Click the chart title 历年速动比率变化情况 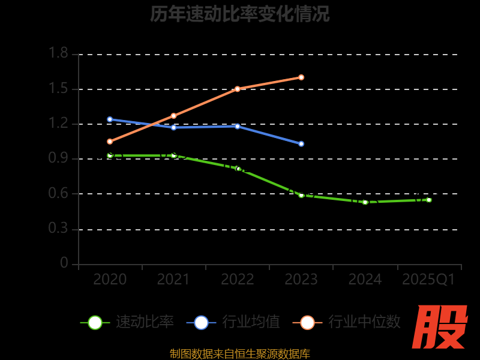[239, 14]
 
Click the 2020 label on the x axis [110, 279]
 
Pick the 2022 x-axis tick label [237, 279]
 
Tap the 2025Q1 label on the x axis [428, 279]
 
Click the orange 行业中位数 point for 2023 [301, 77]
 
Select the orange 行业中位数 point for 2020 [110, 142]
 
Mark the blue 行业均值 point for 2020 [110, 119]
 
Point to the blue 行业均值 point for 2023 [301, 144]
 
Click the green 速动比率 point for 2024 [365, 202]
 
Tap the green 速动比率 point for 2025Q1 [428, 200]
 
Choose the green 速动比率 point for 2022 [238, 169]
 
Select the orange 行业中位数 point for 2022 [238, 89]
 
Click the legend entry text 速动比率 [145, 322]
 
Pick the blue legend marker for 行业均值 [201, 322]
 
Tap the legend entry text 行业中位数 [364, 322]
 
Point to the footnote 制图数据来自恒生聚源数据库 [239, 353]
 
